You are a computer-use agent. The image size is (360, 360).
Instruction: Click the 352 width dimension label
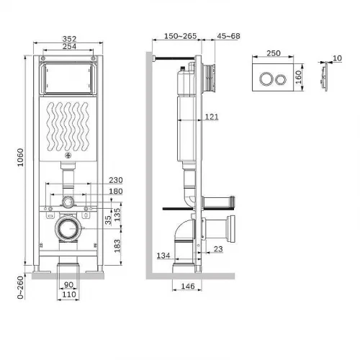click(x=69, y=39)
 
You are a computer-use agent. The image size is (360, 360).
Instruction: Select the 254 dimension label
click(x=69, y=46)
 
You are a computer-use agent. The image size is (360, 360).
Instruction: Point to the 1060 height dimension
click(x=21, y=157)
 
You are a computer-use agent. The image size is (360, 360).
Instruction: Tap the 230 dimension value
click(x=116, y=180)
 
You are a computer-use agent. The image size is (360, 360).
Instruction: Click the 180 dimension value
click(x=116, y=192)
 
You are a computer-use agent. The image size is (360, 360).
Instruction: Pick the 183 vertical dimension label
click(x=117, y=246)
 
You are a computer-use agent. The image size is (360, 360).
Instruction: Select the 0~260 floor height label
click(x=21, y=287)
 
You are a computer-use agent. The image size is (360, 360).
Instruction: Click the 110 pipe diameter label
click(x=69, y=294)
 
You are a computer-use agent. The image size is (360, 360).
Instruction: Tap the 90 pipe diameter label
click(x=68, y=284)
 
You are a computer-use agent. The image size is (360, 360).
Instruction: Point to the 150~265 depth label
click(x=181, y=36)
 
